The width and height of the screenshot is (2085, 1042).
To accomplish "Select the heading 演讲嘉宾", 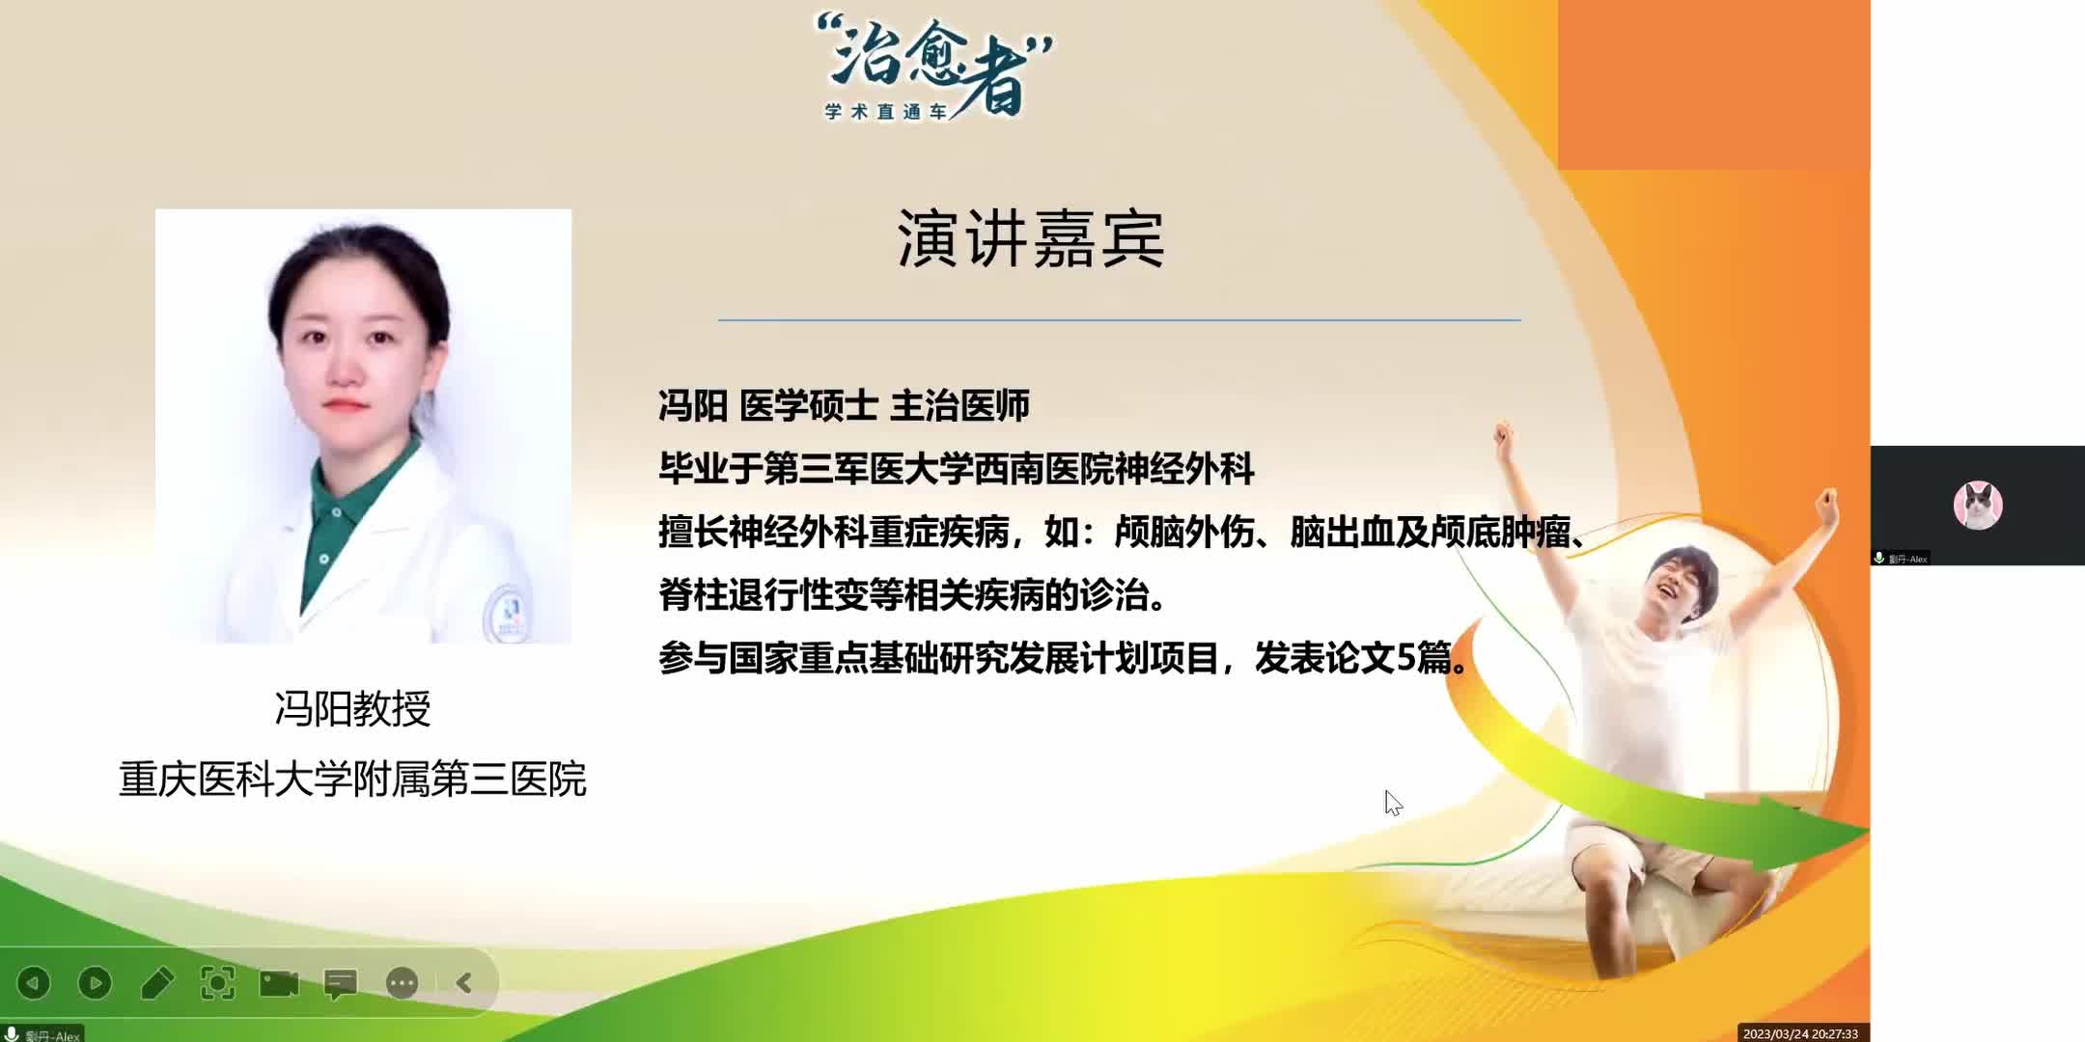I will click(1030, 238).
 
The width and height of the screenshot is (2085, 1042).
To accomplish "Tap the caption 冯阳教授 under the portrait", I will click(352, 708).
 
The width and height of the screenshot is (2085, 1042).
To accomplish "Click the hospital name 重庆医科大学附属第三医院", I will click(352, 779).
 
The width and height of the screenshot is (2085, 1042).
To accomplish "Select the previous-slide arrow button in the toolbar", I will click(34, 983).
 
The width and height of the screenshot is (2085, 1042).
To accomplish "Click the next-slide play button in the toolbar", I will click(95, 983).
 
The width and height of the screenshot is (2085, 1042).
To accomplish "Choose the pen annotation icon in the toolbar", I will click(156, 983).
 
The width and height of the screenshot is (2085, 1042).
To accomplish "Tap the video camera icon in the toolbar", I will click(279, 983).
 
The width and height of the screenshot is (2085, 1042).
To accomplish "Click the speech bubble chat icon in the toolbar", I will click(340, 983).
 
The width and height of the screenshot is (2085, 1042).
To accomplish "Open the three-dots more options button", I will click(402, 983).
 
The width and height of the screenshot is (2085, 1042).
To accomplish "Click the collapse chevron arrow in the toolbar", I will click(464, 983).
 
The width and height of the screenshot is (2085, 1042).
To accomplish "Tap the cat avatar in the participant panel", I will click(1978, 505).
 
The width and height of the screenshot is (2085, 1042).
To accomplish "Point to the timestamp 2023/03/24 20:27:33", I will click(1800, 1033).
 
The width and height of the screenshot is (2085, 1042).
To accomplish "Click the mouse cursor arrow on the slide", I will click(1391, 801).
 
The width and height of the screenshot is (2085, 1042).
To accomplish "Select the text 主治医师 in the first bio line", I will click(959, 406).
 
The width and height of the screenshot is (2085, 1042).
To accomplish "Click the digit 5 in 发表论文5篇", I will click(1406, 658).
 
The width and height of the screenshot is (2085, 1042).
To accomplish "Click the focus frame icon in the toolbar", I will click(217, 983).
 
